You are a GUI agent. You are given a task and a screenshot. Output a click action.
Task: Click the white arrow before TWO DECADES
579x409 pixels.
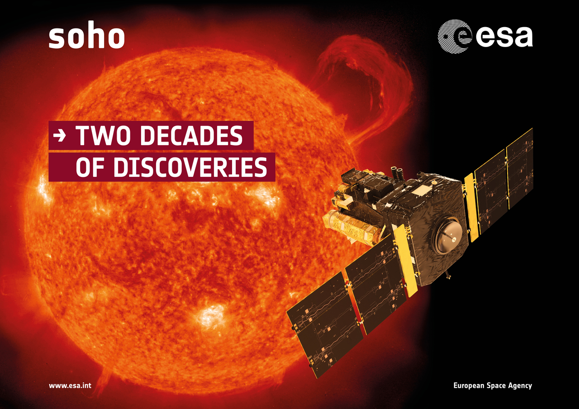[60, 136]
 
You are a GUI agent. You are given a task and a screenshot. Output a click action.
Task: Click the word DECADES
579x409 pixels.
[191, 136]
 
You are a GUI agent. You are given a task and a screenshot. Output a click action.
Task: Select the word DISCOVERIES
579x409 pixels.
[190, 167]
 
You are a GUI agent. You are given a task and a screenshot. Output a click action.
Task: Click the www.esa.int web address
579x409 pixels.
[70, 385]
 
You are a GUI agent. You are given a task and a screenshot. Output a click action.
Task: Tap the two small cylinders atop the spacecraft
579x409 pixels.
[397, 173]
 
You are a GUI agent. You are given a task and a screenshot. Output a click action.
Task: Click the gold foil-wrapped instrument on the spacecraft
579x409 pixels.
[352, 228]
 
